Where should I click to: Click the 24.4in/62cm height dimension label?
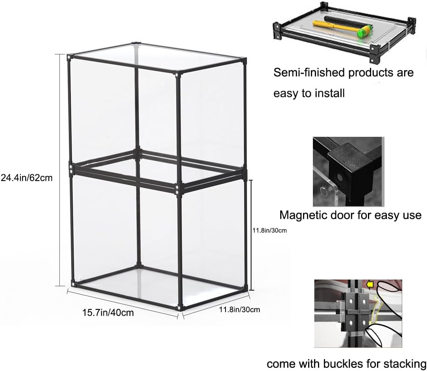point(26,178)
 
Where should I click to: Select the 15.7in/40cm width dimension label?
point(108,313)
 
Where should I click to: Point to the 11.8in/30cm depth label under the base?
point(239,309)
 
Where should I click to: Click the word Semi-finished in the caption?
point(307,73)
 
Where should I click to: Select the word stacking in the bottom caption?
point(403,363)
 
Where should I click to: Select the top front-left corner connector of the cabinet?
point(70,57)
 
